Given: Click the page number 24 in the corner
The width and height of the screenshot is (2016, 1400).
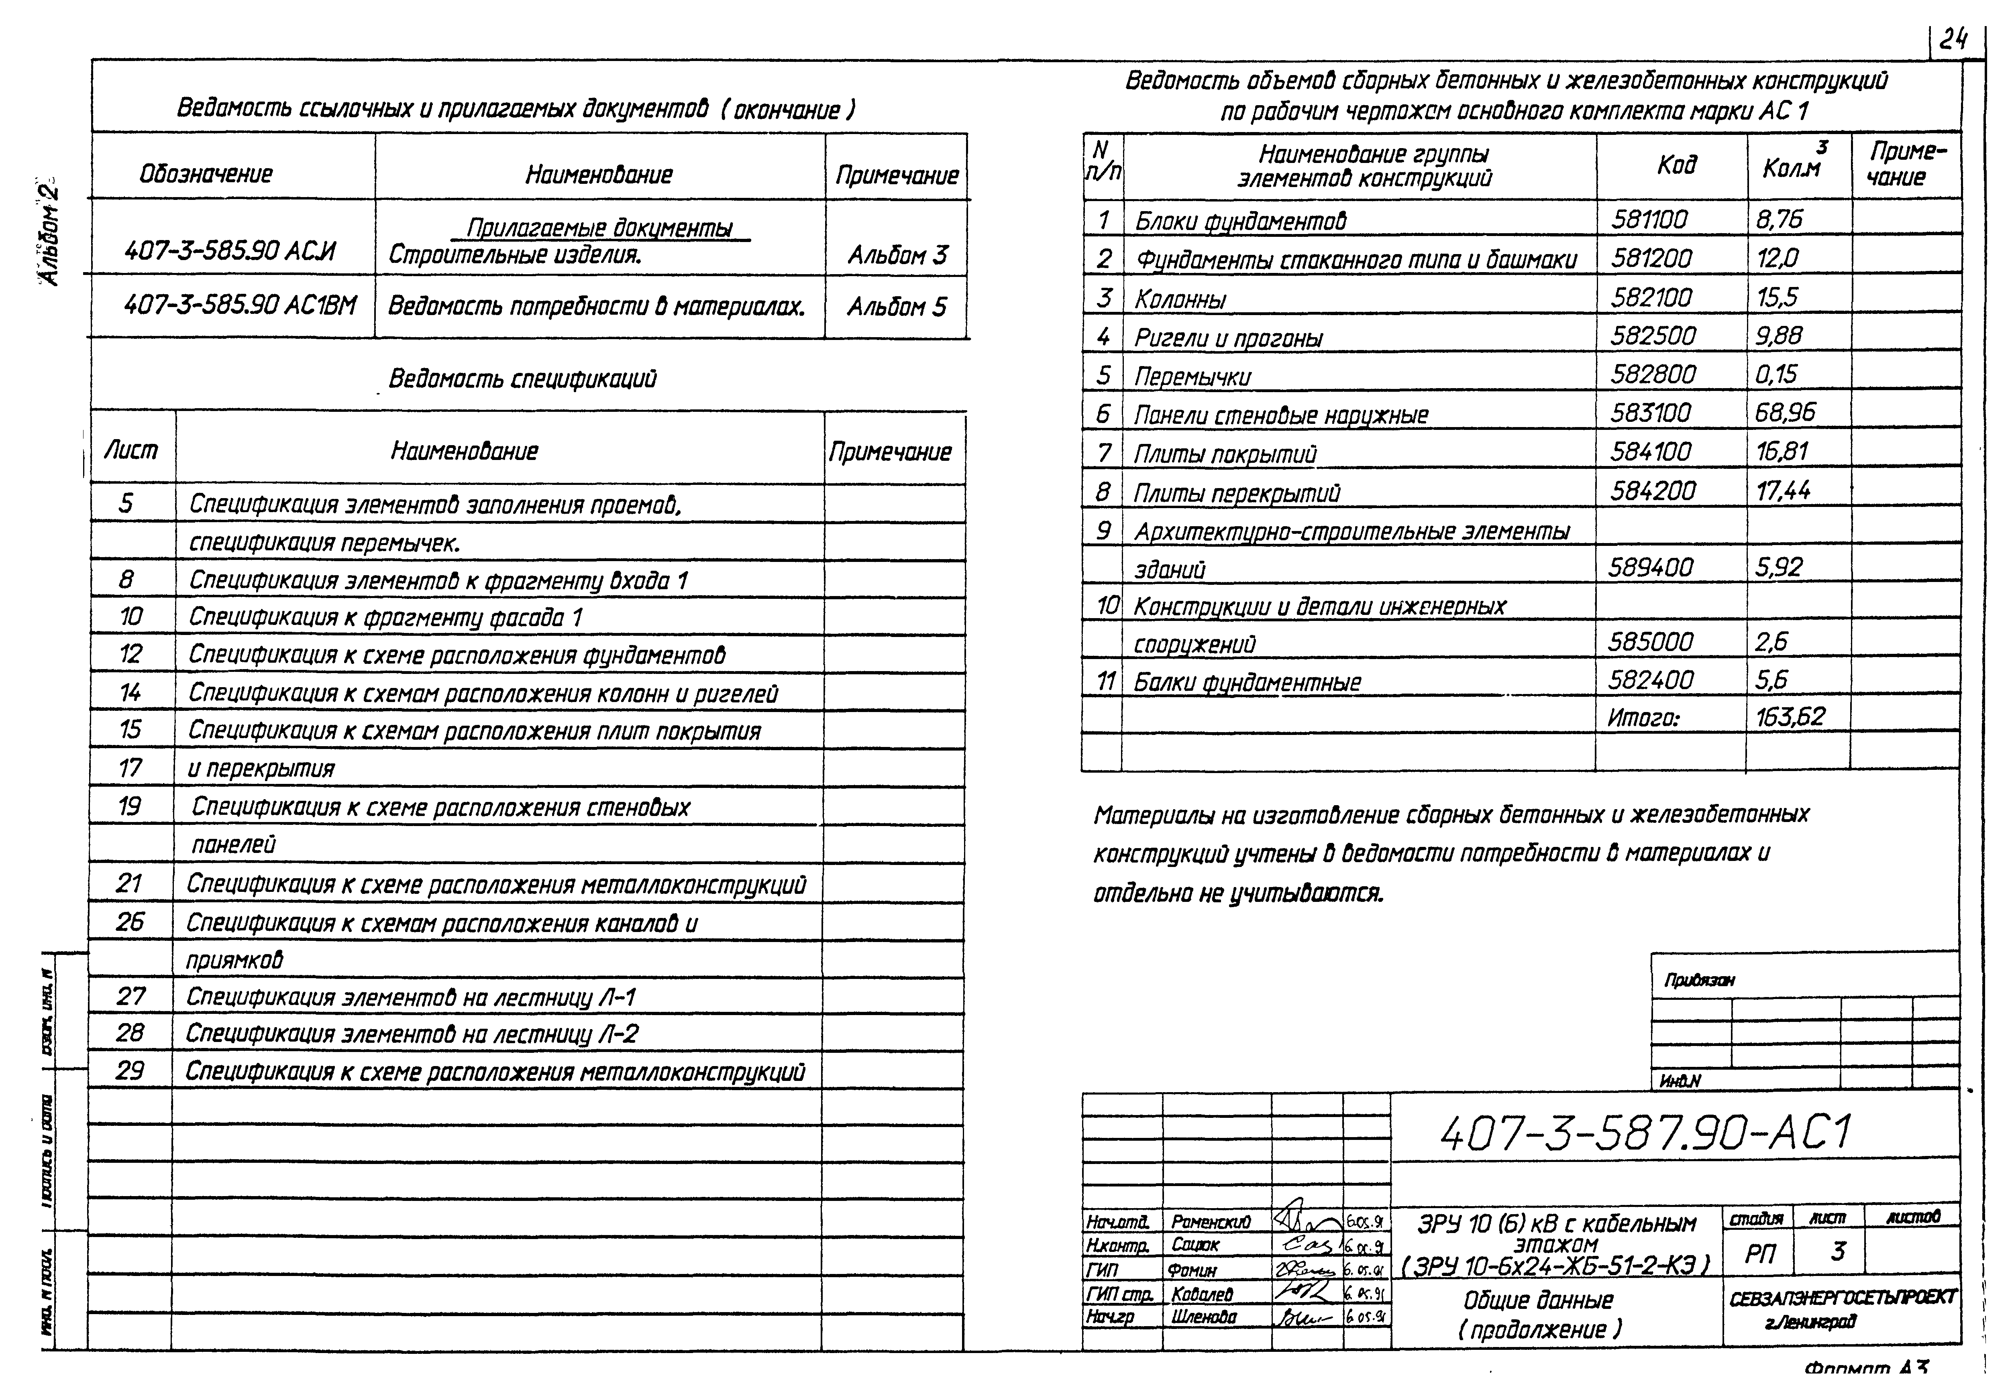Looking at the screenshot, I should point(1954,39).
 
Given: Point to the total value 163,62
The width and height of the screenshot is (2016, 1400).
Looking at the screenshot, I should point(1790,717).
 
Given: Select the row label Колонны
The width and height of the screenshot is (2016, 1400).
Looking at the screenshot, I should point(1180,299).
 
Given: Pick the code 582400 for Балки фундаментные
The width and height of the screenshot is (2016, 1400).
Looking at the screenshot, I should point(1651,680).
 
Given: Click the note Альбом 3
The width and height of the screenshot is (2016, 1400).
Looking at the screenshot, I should point(897,255).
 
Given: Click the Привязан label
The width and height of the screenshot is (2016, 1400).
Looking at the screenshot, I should point(1699,980).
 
